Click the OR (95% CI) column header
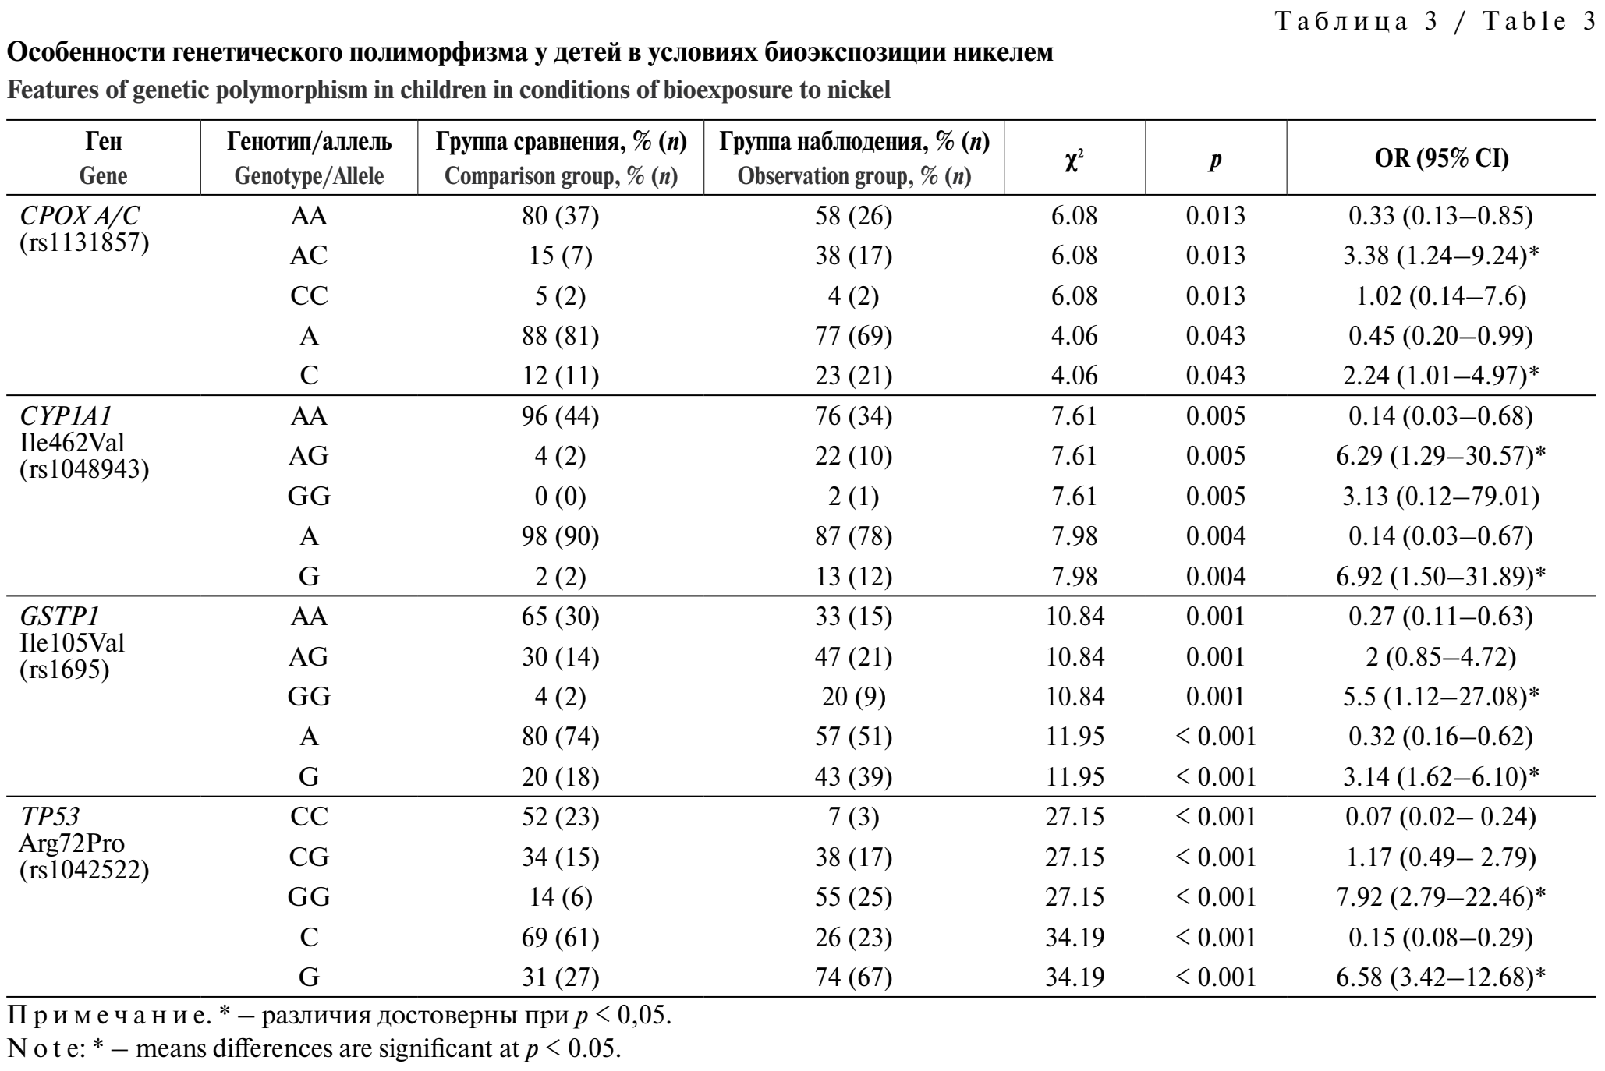(x=1441, y=158)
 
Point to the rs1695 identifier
(x=65, y=669)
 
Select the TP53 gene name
(x=51, y=816)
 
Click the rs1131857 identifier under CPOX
(x=84, y=242)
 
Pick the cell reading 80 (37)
(x=560, y=216)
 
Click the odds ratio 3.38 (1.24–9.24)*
(x=1440, y=256)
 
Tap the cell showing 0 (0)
(x=560, y=497)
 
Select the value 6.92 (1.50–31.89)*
(x=1440, y=577)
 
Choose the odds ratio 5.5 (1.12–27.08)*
(x=1440, y=697)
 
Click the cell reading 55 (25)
(x=853, y=897)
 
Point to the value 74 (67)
(x=853, y=977)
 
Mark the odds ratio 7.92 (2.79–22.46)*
(x=1440, y=897)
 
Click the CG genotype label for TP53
(x=309, y=857)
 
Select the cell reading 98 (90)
(x=560, y=536)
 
